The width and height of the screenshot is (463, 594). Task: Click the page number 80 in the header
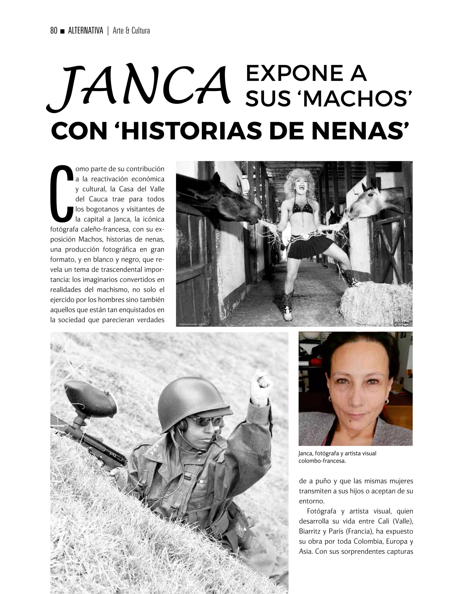pyautogui.click(x=54, y=31)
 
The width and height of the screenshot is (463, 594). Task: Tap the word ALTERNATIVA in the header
pyautogui.click(x=86, y=31)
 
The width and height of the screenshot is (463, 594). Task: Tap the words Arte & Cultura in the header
pyautogui.click(x=131, y=31)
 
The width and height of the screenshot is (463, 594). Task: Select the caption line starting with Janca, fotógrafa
pyautogui.click(x=337, y=453)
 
